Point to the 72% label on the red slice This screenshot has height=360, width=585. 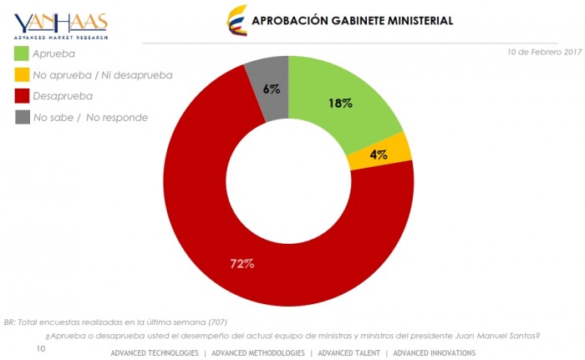242,264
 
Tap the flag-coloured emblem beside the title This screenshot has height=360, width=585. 237,19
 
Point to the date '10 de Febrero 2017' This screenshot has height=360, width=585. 544,52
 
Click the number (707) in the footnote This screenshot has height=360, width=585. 216,322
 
